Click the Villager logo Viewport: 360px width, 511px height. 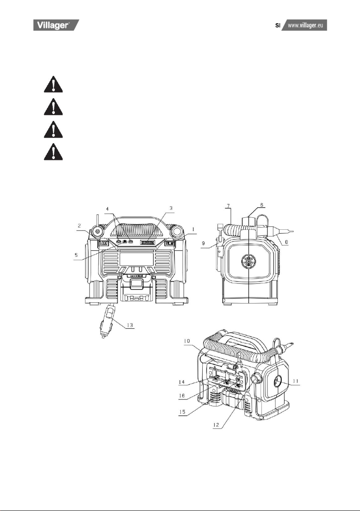[56, 25]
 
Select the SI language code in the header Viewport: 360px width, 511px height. [278, 25]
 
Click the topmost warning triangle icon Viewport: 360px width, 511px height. [54, 84]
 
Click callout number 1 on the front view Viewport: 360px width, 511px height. [193, 229]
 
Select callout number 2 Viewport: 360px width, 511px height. [79, 225]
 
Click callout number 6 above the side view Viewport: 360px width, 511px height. [261, 204]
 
